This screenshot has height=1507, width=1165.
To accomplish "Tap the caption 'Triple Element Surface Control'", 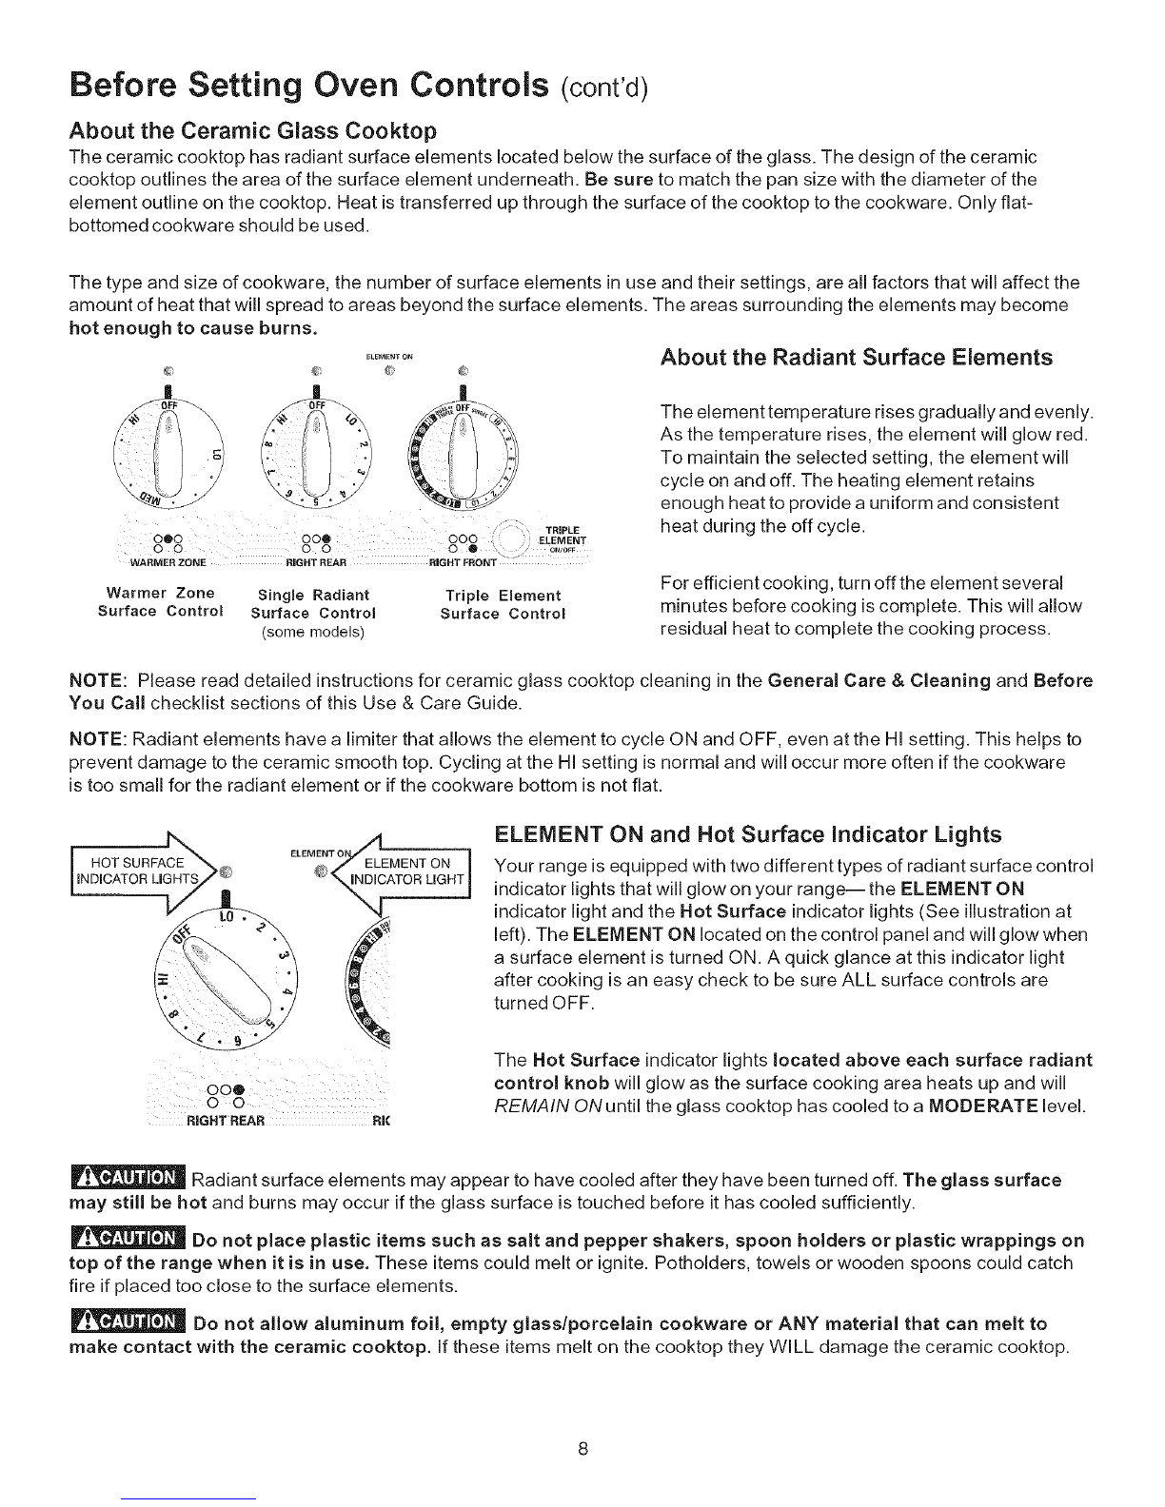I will click(x=503, y=604).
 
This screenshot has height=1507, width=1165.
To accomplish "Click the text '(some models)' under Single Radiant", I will click(x=314, y=631).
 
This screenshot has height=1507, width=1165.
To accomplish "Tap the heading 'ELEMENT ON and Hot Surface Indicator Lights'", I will click(x=748, y=835).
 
